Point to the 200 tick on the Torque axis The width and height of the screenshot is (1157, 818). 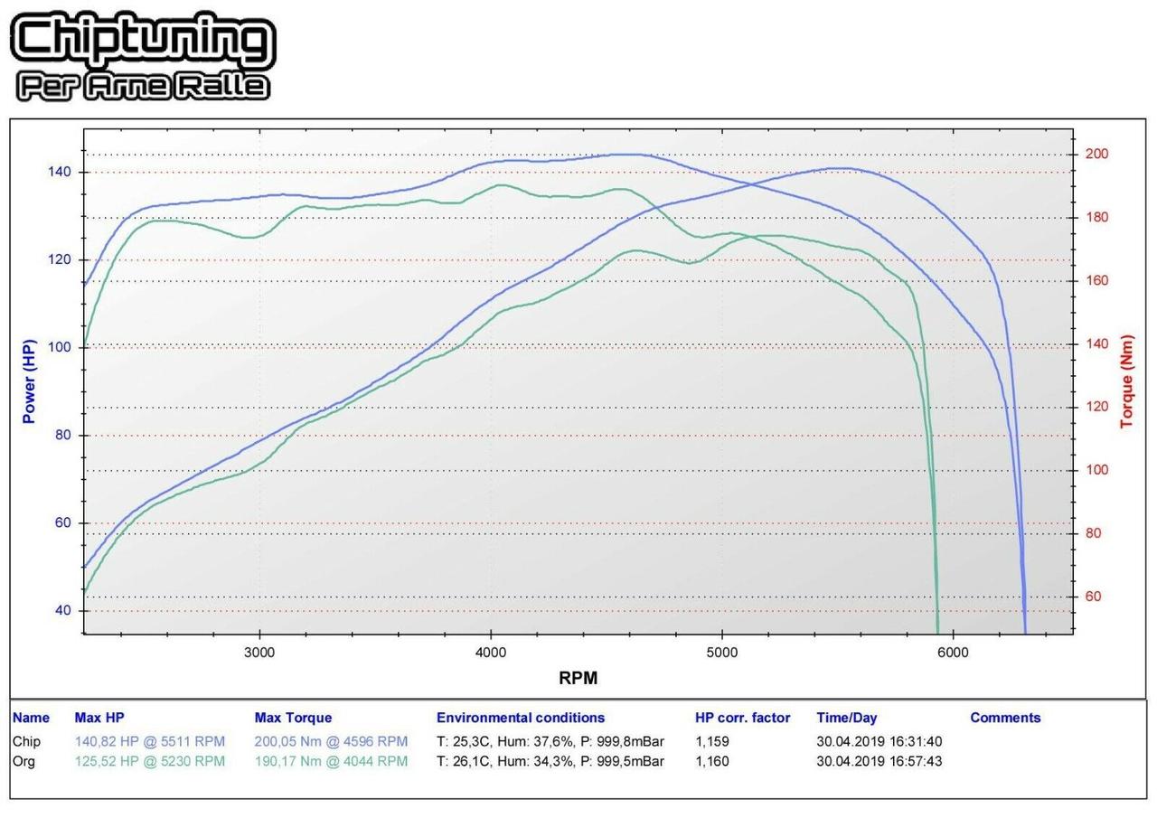pyautogui.click(x=1096, y=155)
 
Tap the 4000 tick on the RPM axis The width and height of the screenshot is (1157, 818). pyautogui.click(x=491, y=653)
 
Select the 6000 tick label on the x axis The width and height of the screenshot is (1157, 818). pyautogui.click(x=953, y=653)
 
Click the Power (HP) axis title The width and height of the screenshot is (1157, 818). pyautogui.click(x=30, y=381)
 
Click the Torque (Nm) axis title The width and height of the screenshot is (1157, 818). pyautogui.click(x=1127, y=381)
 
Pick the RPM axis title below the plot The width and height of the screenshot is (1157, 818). pyautogui.click(x=578, y=678)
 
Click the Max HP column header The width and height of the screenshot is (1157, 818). pyautogui.click(x=99, y=718)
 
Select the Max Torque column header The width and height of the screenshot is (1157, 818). pyautogui.click(x=293, y=718)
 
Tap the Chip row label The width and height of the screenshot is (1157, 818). pyautogui.click(x=26, y=741)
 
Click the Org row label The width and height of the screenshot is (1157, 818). pyautogui.click(x=24, y=761)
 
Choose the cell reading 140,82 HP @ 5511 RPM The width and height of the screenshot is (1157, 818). pyautogui.click(x=149, y=741)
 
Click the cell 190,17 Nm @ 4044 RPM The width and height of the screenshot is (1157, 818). pyautogui.click(x=331, y=761)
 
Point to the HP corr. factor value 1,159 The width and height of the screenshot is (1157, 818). pyautogui.click(x=712, y=741)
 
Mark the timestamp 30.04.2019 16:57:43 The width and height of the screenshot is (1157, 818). pyautogui.click(x=879, y=761)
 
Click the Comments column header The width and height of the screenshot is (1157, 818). pyautogui.click(x=1005, y=718)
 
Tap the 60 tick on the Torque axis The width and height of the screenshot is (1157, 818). pyautogui.click(x=1093, y=597)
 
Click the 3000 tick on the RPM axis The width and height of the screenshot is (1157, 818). pyautogui.click(x=259, y=653)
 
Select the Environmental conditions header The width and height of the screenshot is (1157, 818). pyautogui.click(x=521, y=718)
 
